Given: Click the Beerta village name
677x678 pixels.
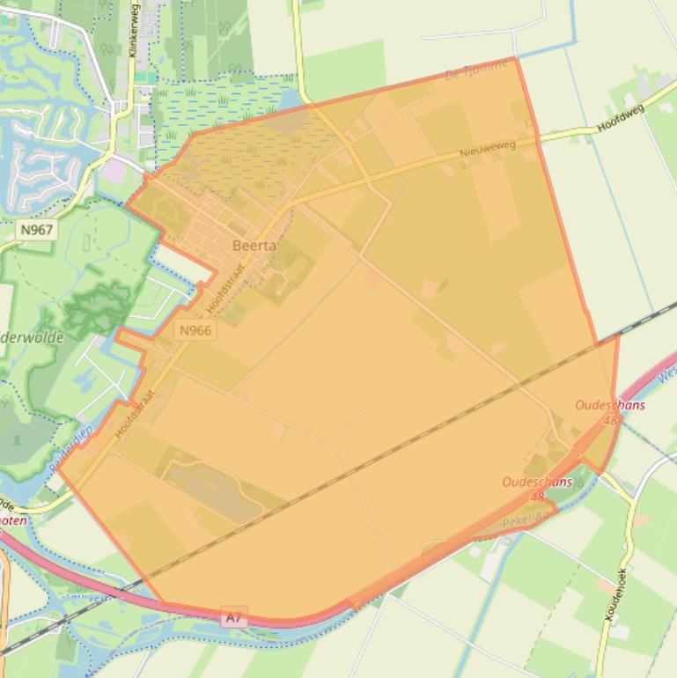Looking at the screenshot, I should point(254,246).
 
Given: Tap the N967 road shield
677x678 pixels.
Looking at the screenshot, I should point(36,230).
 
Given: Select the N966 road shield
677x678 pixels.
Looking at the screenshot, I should point(195,330).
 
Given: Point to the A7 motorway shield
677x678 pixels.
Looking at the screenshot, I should point(233,617).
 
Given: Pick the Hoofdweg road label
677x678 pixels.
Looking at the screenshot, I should point(621,118).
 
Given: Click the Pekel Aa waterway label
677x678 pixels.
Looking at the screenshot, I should point(526,520).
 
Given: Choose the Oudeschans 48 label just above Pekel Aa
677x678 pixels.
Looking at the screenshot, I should point(537,488).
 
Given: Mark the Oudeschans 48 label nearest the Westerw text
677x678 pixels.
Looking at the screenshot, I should point(610,411).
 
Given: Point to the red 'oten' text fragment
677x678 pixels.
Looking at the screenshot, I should point(12,520).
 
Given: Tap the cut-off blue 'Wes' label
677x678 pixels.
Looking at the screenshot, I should point(666,374).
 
